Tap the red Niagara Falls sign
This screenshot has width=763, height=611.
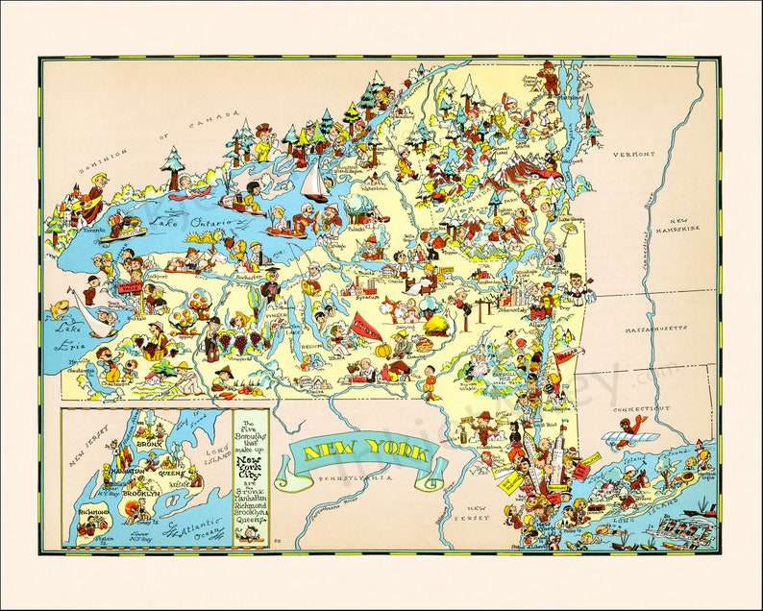tap(130, 286)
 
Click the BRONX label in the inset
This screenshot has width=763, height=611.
tap(149, 445)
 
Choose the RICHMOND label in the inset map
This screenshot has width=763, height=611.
tap(89, 514)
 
